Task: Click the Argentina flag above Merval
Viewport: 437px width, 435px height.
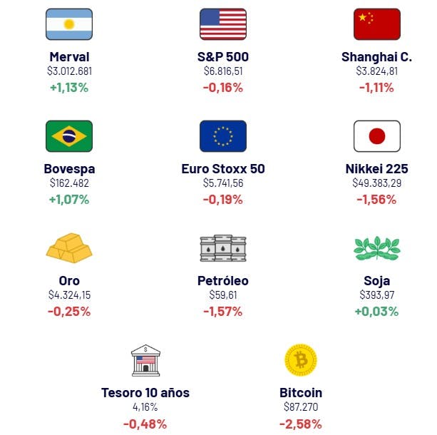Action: [x=69, y=24]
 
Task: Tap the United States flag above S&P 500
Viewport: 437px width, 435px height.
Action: [x=223, y=24]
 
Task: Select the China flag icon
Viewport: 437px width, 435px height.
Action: [x=377, y=24]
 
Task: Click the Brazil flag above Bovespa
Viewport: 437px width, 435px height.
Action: [x=69, y=136]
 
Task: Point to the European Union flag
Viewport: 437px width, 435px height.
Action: [x=223, y=136]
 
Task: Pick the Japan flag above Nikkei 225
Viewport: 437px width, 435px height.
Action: [x=377, y=136]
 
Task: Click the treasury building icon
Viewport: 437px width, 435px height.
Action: [x=145, y=360]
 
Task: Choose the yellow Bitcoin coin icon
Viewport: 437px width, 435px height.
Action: [x=300, y=360]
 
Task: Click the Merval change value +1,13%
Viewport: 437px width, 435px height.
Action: [x=69, y=88]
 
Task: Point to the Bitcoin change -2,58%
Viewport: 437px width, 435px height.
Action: [x=301, y=424]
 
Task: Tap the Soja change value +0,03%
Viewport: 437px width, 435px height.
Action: [x=377, y=312]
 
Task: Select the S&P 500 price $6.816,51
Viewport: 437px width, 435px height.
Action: [x=223, y=71]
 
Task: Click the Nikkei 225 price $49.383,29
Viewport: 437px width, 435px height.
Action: [x=377, y=183]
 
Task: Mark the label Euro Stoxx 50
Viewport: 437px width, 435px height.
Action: [x=223, y=169]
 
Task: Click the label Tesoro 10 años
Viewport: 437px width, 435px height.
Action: [x=145, y=393]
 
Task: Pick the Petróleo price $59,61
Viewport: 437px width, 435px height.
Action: [x=223, y=295]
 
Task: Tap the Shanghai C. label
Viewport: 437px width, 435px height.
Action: [x=377, y=57]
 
